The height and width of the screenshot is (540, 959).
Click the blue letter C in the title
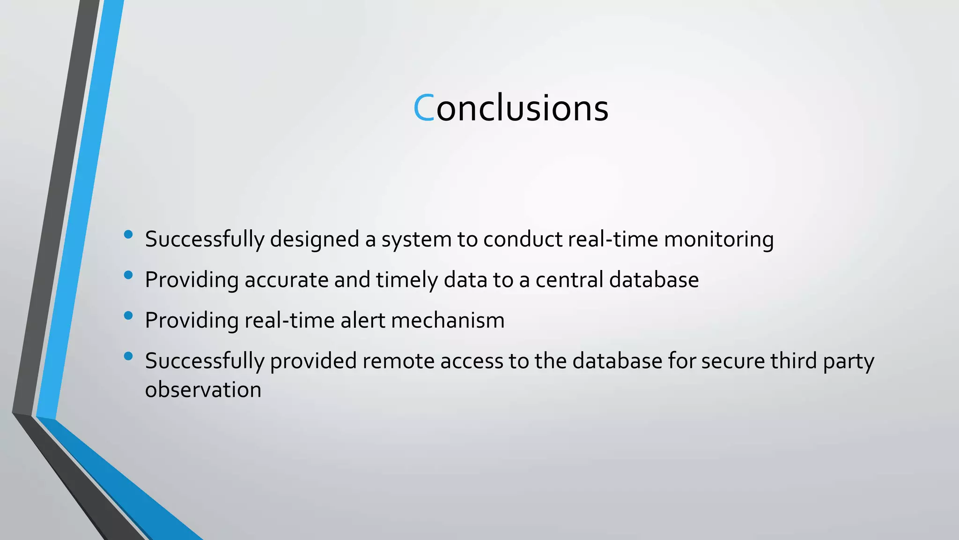pos(424,108)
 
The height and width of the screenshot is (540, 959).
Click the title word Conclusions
pos(511,108)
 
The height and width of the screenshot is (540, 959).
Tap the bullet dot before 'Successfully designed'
pos(128,234)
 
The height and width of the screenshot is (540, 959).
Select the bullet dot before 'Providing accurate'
pos(128,275)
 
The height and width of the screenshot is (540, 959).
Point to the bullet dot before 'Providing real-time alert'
pos(128,315)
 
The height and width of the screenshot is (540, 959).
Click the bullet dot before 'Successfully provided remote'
pos(128,356)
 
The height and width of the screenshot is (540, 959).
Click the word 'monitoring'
pos(719,240)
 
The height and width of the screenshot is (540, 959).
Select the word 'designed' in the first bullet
pos(314,240)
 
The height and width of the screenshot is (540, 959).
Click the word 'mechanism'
pos(448,321)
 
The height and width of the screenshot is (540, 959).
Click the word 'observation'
pos(203,390)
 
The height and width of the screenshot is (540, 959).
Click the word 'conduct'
pos(523,240)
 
